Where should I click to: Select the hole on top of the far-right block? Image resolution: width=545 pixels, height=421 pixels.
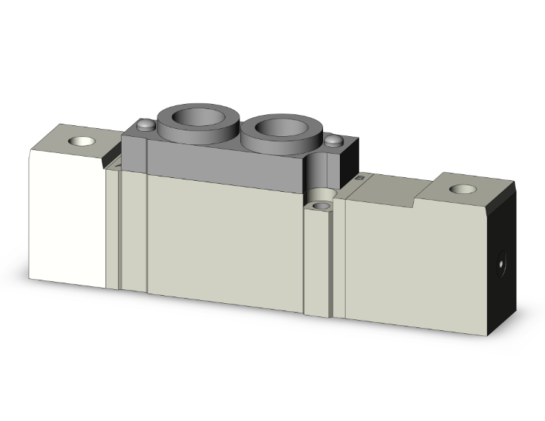click(461, 190)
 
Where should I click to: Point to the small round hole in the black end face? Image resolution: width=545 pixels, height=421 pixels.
click(502, 260)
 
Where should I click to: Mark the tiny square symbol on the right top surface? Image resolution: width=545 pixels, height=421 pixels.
click(359, 177)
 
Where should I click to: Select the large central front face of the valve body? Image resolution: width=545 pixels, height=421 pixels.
click(223, 242)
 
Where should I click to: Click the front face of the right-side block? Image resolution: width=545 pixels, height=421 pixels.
click(418, 264)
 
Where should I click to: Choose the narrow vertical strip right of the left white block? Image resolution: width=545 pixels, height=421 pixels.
click(112, 227)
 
